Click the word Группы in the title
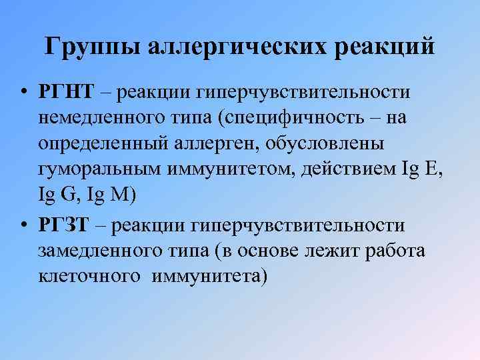[x=91, y=47]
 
